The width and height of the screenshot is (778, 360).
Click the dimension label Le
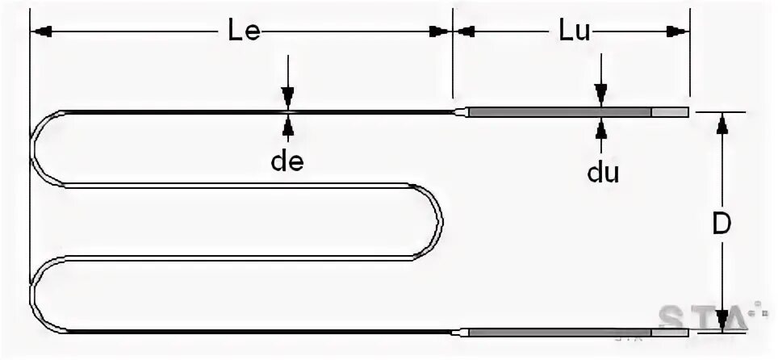240,31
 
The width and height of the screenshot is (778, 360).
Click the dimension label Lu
575,31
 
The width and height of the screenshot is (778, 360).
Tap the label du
602,172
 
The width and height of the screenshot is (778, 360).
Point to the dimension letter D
722,224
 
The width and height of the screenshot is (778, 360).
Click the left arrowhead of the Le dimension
42,31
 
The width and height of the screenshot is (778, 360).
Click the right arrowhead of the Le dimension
438,31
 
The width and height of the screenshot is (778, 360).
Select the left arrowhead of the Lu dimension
465,31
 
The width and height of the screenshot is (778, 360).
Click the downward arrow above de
288,95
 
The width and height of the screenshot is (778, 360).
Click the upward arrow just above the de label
288,125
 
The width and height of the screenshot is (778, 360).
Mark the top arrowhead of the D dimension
722,123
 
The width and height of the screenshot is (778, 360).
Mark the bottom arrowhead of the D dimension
722,320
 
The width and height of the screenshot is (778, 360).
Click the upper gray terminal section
560,112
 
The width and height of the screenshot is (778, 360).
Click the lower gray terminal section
560,332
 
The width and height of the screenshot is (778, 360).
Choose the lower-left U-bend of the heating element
36,294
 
